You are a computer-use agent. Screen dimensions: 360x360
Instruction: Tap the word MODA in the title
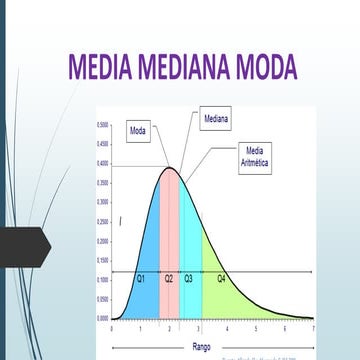[x=262, y=67]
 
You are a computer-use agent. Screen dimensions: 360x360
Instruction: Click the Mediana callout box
[x=216, y=118]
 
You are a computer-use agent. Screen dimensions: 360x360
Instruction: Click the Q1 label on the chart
[x=142, y=278]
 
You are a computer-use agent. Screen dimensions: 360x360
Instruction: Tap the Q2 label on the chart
[x=170, y=278]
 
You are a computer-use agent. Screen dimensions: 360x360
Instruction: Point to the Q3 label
[x=189, y=278]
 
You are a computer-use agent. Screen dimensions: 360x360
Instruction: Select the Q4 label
[x=221, y=278]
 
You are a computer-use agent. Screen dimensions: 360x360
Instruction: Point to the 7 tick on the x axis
[x=313, y=328]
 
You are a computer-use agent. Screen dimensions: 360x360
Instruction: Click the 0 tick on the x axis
[x=112, y=328]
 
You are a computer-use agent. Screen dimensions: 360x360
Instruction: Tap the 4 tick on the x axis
[x=227, y=328]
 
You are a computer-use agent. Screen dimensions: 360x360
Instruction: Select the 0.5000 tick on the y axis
[x=103, y=125]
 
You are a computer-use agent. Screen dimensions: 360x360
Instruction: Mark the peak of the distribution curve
[x=171, y=167]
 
